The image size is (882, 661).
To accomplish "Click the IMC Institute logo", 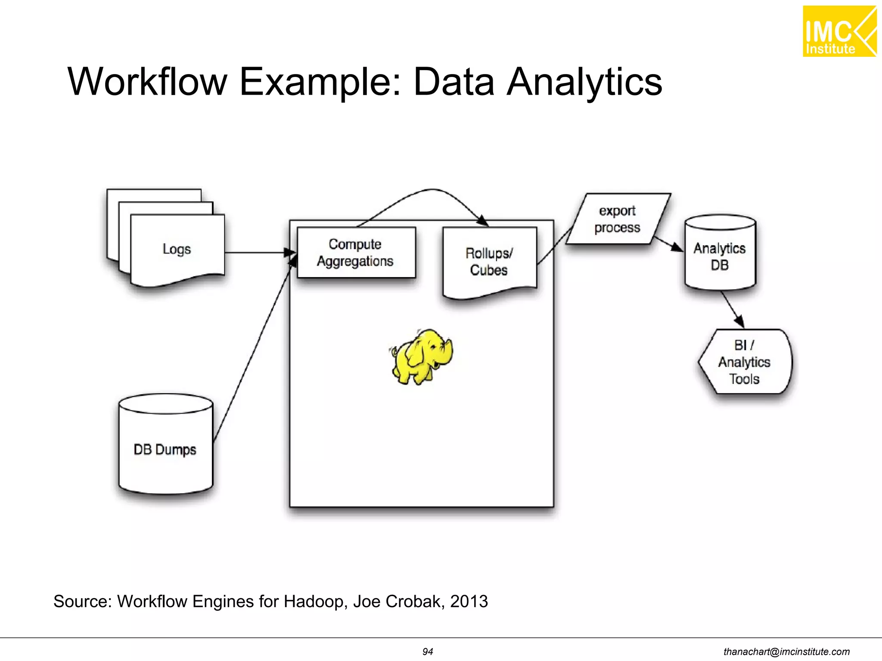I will (839, 31).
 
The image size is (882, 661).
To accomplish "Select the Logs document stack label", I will (177, 249).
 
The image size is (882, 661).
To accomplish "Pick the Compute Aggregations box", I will (356, 253).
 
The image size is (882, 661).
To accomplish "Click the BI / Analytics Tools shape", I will (745, 362).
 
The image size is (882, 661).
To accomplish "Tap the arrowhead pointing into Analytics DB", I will (677, 247).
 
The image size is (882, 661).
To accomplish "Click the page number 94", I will (427, 652).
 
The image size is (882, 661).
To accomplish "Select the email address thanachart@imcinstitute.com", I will (786, 652).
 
